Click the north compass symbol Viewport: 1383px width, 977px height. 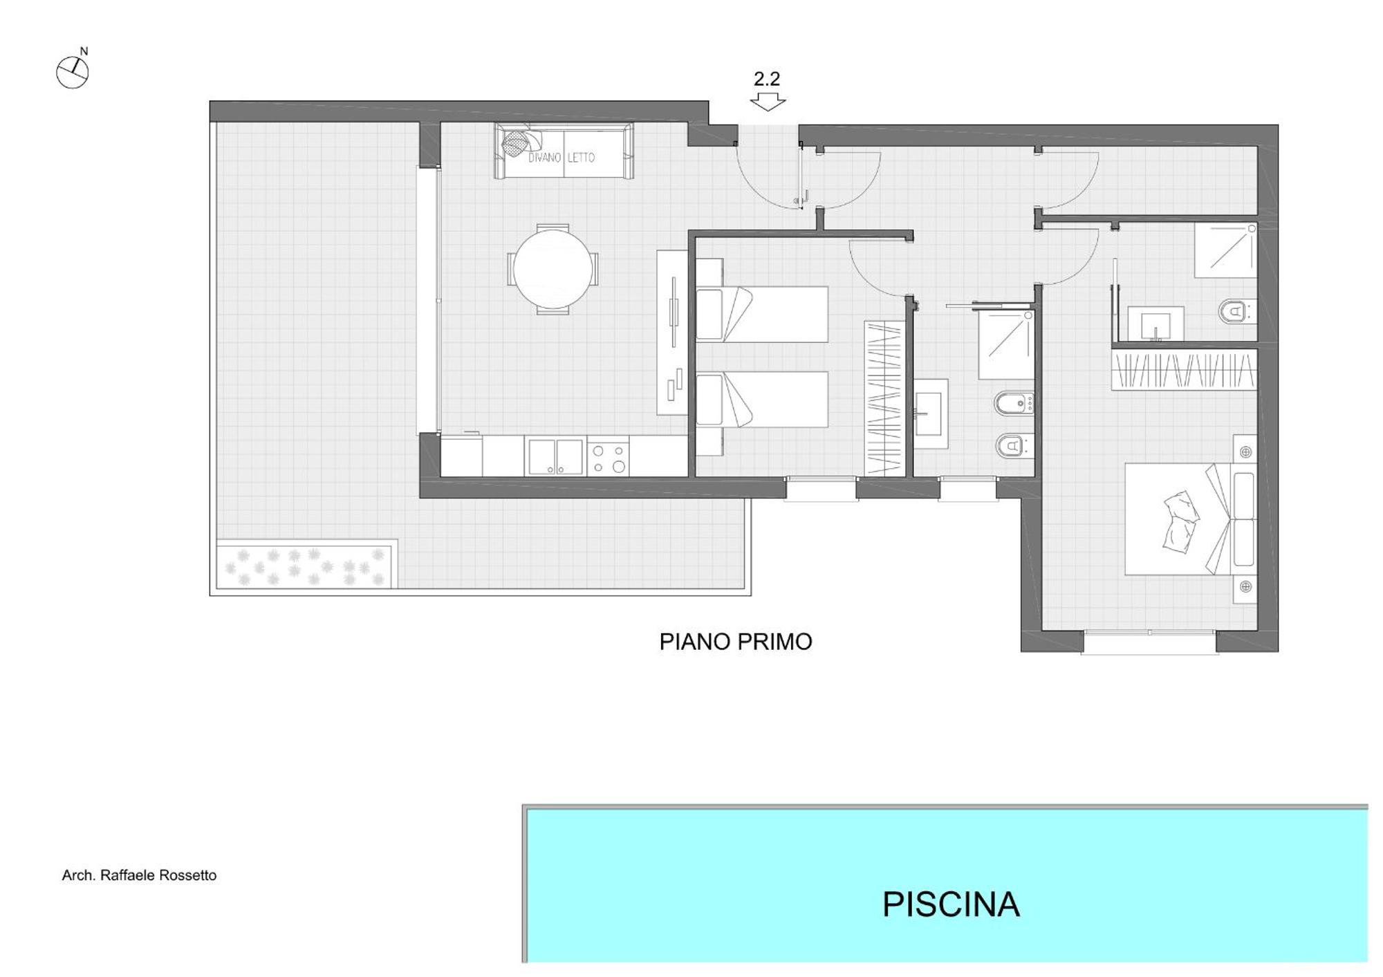[x=73, y=72]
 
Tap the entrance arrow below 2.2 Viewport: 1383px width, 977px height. [x=768, y=102]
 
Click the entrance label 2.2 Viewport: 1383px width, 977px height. [x=767, y=79]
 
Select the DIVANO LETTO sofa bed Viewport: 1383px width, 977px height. [x=564, y=151]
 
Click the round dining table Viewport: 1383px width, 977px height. [x=553, y=269]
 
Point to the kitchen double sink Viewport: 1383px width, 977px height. [x=555, y=456]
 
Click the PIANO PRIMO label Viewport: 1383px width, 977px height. [x=735, y=642]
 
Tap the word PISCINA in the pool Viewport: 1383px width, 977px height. [x=951, y=904]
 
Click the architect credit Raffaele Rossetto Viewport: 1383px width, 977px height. [x=139, y=875]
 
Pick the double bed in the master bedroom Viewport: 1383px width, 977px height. [x=1189, y=519]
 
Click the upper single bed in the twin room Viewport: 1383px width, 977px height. [x=761, y=314]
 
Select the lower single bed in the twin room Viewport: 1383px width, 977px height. [x=761, y=400]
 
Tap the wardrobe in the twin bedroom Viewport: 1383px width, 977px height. [x=884, y=398]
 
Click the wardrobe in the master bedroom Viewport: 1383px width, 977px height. [x=1184, y=370]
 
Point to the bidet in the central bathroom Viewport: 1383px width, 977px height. [x=1013, y=404]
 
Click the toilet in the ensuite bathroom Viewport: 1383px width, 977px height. [x=1236, y=311]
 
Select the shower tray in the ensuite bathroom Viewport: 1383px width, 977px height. [x=1225, y=250]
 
